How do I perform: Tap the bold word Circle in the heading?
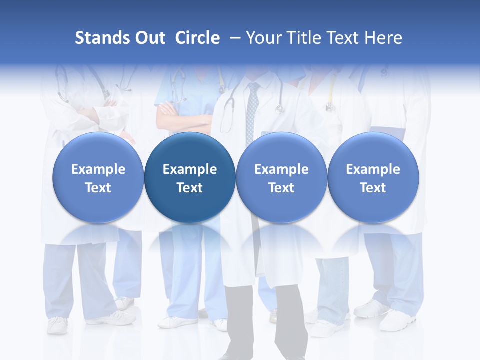click(x=197, y=38)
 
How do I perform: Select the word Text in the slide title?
click(x=342, y=38)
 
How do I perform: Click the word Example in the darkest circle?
click(x=190, y=169)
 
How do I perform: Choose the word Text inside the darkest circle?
click(x=190, y=188)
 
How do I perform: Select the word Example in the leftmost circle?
click(x=98, y=169)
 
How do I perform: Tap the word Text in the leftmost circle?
click(x=98, y=188)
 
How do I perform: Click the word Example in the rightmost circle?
click(x=373, y=169)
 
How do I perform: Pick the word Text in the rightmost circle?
click(x=373, y=188)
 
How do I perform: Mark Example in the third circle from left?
click(x=281, y=169)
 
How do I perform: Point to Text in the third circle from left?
click(x=281, y=188)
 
